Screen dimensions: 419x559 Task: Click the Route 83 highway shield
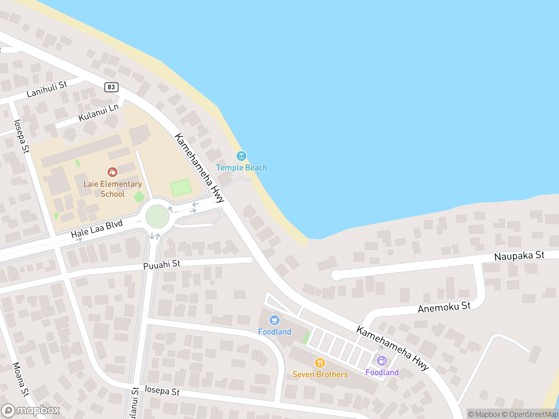[111, 87]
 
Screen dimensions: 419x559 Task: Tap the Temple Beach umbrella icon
[241, 156]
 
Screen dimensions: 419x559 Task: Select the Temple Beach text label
[241, 168]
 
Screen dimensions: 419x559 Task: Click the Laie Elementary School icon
[112, 172]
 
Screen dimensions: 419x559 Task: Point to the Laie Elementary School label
[112, 189]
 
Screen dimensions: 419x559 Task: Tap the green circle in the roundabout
[158, 216]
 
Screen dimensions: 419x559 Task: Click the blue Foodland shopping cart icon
[275, 320]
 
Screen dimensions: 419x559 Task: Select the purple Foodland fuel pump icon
[382, 361]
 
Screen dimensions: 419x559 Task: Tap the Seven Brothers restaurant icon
[320, 363]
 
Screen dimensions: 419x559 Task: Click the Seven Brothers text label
[320, 374]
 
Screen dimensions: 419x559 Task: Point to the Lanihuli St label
[47, 89]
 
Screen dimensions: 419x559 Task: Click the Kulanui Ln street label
[99, 113]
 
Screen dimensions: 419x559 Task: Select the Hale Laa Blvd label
[97, 229]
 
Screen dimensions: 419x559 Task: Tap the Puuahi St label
[162, 264]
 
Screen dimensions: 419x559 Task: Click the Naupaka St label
[519, 256]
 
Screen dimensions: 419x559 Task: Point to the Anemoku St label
[444, 308]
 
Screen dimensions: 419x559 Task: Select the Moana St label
[21, 380]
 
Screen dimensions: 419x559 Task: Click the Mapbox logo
[31, 410]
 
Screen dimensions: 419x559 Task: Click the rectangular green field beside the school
[181, 187]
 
